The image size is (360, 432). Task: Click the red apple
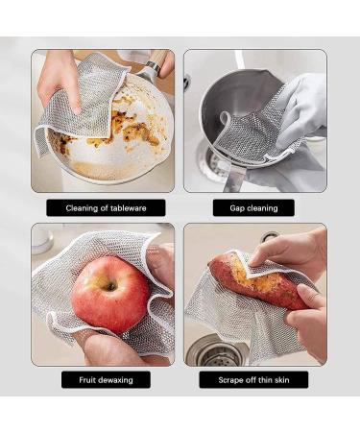click(109, 294)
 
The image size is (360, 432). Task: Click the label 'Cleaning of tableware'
click(106, 207)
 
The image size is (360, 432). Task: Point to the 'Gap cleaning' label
click(254, 207)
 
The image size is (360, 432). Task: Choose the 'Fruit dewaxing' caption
click(106, 379)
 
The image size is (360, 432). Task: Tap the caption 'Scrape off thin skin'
click(254, 379)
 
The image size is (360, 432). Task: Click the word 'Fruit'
click(88, 379)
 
